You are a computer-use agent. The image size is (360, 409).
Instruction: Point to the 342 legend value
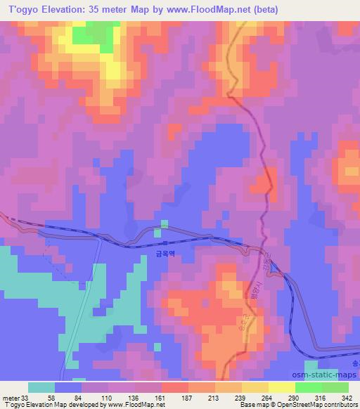coord(338,398)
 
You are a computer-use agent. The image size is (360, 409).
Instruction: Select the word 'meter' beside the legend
coord(11,398)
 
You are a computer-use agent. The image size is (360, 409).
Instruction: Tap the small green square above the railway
coord(165,225)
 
